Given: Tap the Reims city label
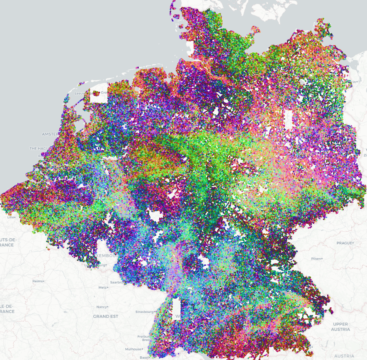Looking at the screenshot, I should coord(37,281).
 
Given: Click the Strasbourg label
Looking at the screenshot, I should coord(145,311).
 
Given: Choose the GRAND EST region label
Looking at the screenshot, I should coord(105,316).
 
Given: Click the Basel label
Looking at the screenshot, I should coord(144,357).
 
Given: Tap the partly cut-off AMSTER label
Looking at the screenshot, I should coord(50,134).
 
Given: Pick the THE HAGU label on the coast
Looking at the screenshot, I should coord(39,148).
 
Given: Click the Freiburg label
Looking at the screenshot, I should coord(143,336).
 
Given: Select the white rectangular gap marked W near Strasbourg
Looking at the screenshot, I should coord(177,308).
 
